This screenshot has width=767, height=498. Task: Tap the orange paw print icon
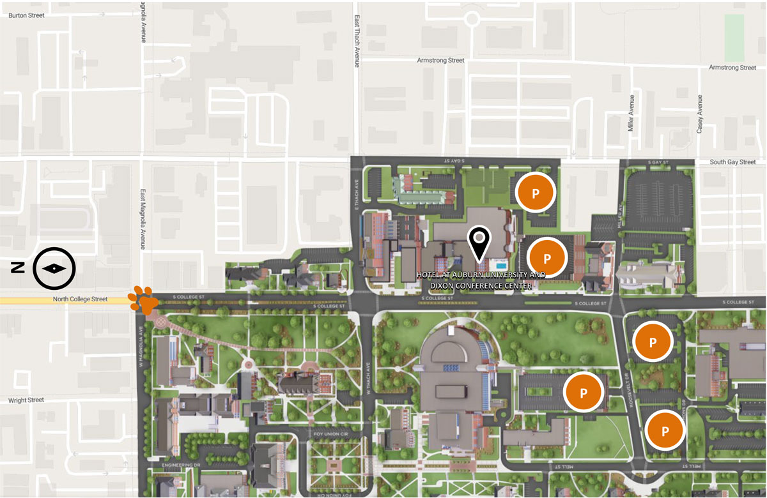(143, 300)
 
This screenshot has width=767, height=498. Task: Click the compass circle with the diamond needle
(54, 268)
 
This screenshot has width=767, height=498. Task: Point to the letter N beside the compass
(18, 268)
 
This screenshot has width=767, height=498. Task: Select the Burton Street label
(26, 15)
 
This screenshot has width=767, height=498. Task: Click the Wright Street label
(26, 400)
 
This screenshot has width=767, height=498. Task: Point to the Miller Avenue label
(631, 114)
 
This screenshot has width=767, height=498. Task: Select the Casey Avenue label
(700, 114)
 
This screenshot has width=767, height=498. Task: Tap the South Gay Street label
(732, 162)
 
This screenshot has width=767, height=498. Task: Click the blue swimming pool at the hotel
(502, 264)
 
